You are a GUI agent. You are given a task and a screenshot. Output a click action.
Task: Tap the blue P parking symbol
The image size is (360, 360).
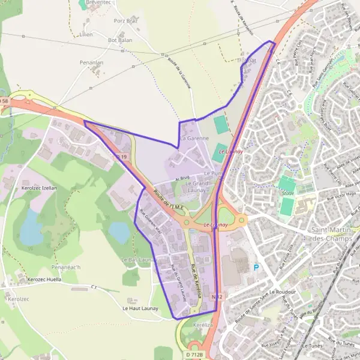(257, 268)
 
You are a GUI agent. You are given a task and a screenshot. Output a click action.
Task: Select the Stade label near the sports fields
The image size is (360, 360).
(287, 193)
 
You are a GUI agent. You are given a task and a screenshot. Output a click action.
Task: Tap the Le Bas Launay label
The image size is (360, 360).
(138, 260)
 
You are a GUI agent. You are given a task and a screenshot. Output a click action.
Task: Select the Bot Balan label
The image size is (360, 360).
(120, 40)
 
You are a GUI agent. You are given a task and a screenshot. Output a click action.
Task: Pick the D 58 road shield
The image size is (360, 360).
(4, 101)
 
